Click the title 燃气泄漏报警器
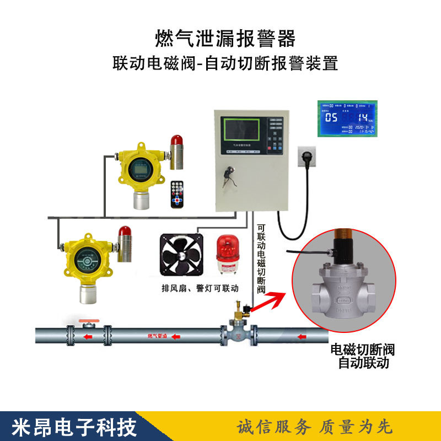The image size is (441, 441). [x=225, y=39]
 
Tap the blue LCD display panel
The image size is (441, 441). [x=348, y=119]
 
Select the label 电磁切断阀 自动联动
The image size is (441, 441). [x=362, y=356]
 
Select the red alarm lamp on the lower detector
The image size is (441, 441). [x=123, y=236]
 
